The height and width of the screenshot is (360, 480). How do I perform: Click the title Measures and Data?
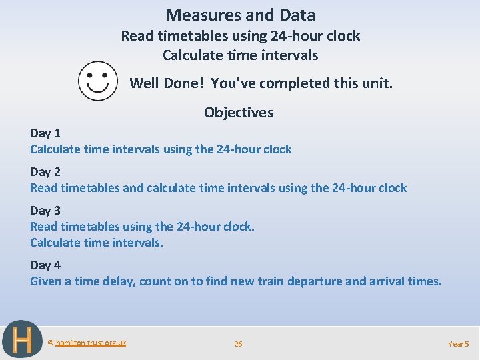pyautogui.click(x=240, y=15)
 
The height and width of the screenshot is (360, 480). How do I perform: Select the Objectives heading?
pyautogui.click(x=239, y=112)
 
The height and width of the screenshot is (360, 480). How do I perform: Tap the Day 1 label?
pyautogui.click(x=45, y=133)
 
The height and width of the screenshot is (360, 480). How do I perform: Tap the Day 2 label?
pyautogui.click(x=45, y=171)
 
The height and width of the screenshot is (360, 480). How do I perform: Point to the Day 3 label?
pyautogui.click(x=45, y=210)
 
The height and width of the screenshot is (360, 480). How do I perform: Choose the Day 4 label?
pyautogui.click(x=45, y=265)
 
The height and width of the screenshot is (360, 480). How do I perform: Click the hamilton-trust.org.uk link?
pyautogui.click(x=91, y=343)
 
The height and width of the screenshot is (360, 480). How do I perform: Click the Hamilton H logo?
pyautogui.click(x=22, y=341)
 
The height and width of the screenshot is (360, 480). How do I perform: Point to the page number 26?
pyautogui.click(x=238, y=344)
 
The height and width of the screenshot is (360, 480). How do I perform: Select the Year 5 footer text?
pyautogui.click(x=459, y=344)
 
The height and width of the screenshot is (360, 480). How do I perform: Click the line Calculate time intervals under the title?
pyautogui.click(x=240, y=55)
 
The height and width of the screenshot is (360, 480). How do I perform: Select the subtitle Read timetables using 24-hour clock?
pyautogui.click(x=240, y=36)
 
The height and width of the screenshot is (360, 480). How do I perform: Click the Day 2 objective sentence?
pyautogui.click(x=218, y=187)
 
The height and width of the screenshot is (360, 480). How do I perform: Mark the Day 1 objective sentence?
pyautogui.click(x=161, y=149)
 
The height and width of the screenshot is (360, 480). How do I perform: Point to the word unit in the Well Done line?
pyautogui.click(x=379, y=83)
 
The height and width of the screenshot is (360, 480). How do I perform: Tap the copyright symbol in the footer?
pyautogui.click(x=51, y=343)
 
